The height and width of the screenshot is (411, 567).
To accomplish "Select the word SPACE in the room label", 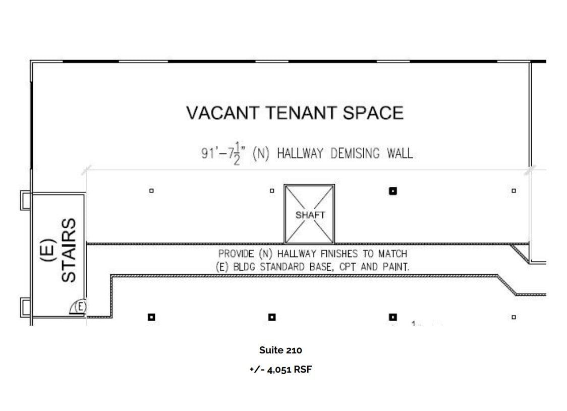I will pyautogui.click(x=373, y=113).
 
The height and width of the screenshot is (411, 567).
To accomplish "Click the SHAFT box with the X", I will pyautogui.click(x=309, y=214).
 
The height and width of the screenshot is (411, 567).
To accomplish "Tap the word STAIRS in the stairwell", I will pyautogui.click(x=69, y=250).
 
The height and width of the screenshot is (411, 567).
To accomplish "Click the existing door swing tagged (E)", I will pyautogui.click(x=79, y=307).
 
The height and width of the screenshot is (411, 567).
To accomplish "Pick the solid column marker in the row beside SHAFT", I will pyautogui.click(x=392, y=191).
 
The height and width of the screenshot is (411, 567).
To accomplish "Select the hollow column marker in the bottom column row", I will pyautogui.click(x=514, y=317).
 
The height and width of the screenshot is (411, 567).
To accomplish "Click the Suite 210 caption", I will pyautogui.click(x=280, y=350).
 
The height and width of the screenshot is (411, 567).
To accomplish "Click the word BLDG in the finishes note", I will pyautogui.click(x=246, y=267).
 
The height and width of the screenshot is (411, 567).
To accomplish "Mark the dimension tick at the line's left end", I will pyautogui.click(x=87, y=170).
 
